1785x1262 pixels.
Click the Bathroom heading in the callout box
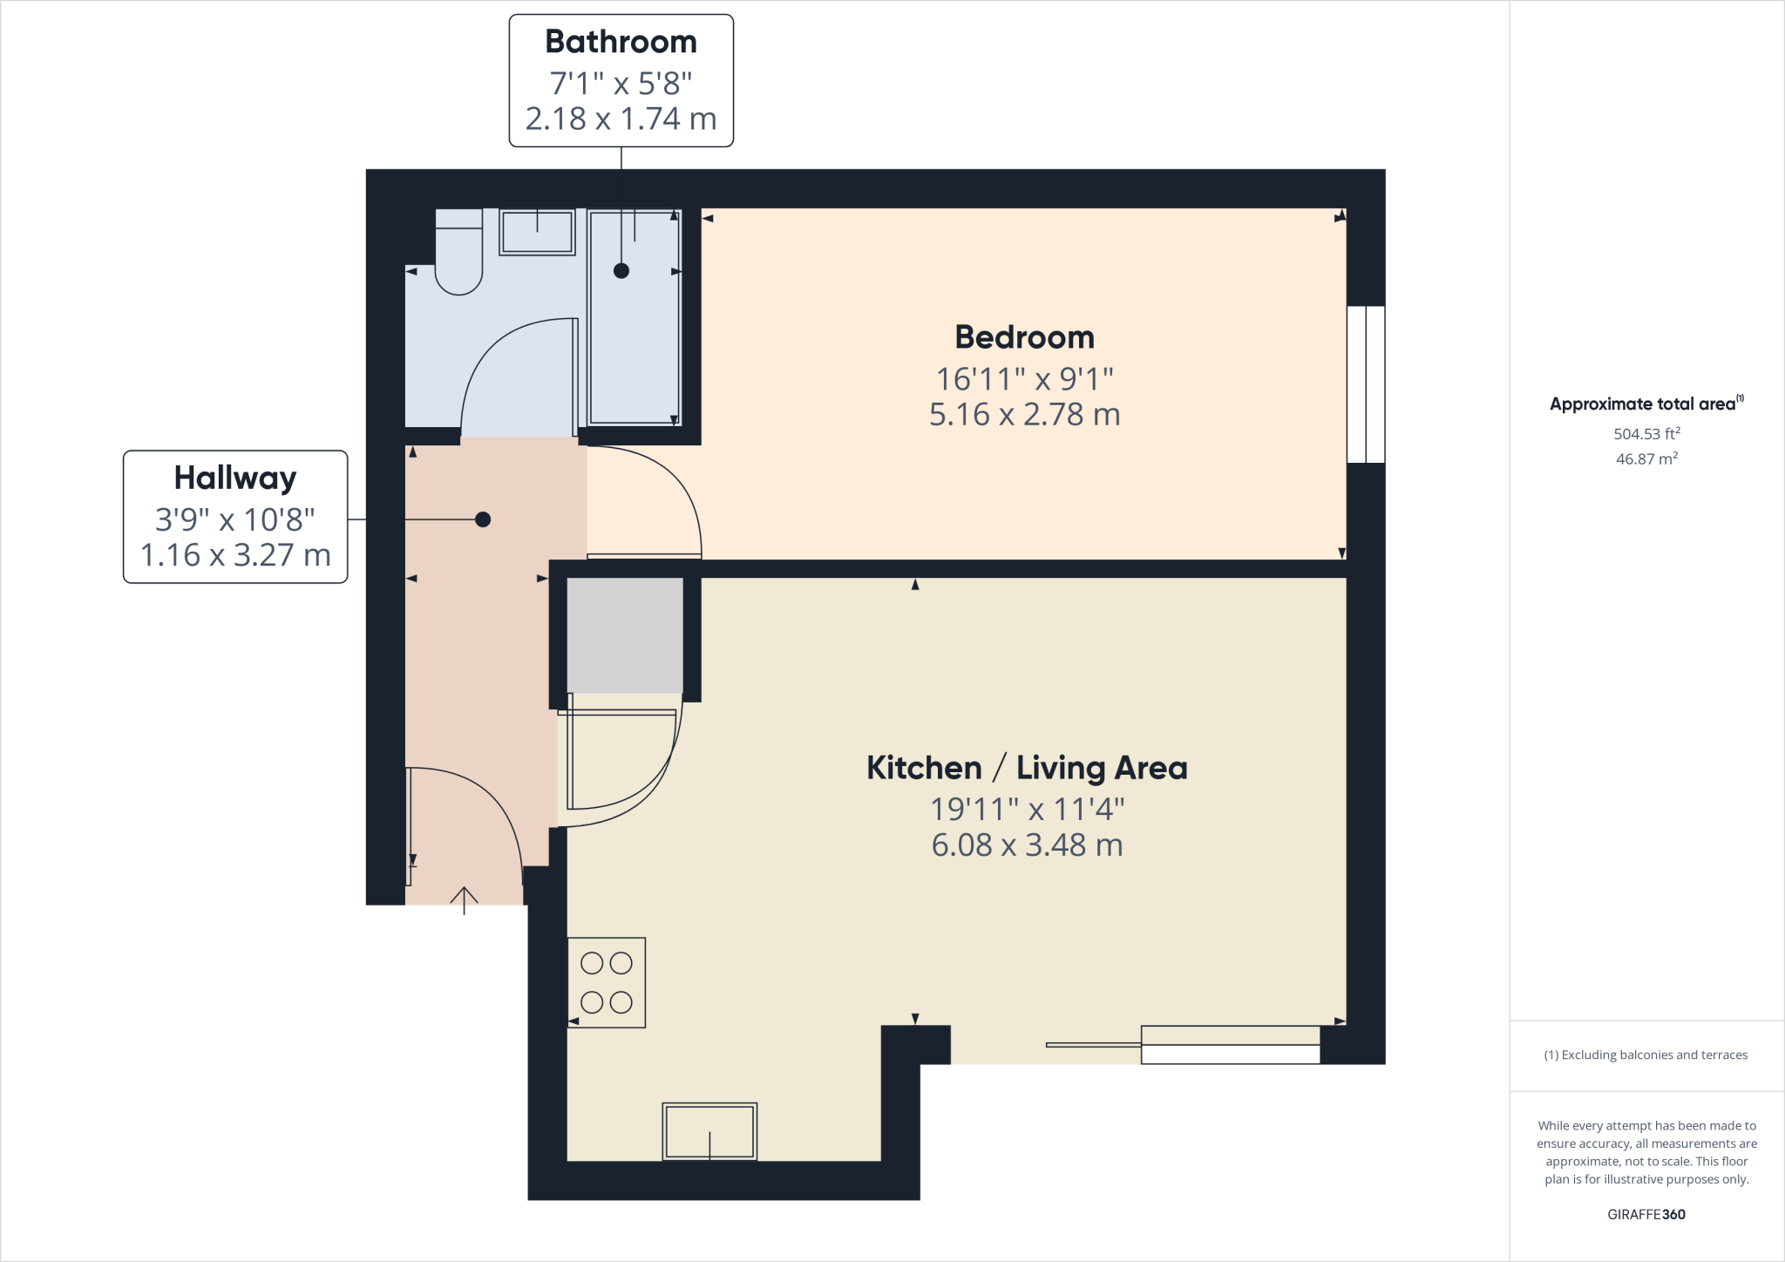click(x=621, y=42)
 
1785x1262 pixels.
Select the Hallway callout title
click(x=235, y=478)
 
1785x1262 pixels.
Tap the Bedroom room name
click(x=1024, y=337)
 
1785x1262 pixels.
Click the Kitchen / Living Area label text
click(x=1027, y=768)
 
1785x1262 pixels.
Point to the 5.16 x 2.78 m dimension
click(x=1024, y=415)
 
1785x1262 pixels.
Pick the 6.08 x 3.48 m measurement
click(x=1027, y=845)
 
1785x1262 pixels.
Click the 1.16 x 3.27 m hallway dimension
click(x=235, y=555)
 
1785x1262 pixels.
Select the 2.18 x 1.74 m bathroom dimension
click(x=621, y=119)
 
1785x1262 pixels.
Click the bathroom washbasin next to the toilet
click(x=537, y=232)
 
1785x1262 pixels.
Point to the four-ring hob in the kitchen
click(x=607, y=982)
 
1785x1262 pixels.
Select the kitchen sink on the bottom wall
click(x=709, y=1131)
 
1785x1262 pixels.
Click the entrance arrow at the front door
click(x=464, y=900)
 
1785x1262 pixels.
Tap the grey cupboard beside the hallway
click(x=625, y=635)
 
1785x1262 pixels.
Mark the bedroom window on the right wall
click(x=1366, y=383)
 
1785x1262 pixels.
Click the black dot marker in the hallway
click(x=483, y=519)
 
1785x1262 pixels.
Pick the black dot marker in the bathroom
click(x=621, y=270)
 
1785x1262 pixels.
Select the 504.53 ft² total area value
click(x=1646, y=433)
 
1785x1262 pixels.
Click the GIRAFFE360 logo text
click(x=1646, y=1214)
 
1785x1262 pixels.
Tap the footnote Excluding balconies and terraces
click(x=1646, y=1055)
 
